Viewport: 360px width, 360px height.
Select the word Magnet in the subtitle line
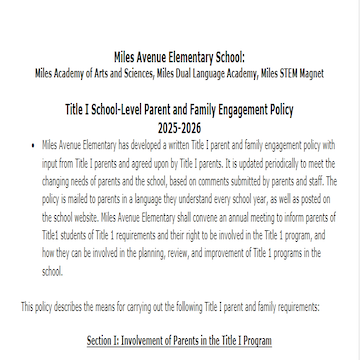[x=312, y=73]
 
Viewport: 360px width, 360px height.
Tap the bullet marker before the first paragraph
[x=34, y=145]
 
